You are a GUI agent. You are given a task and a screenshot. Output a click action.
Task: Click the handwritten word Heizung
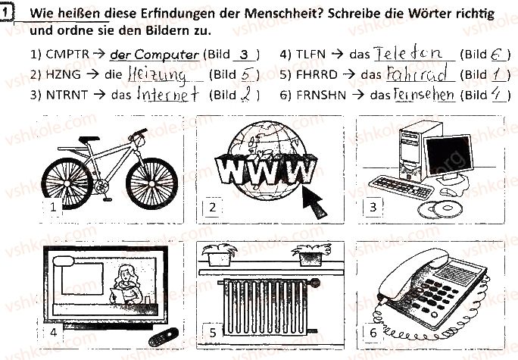point(157,75)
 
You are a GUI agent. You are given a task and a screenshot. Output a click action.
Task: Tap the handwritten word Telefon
point(408,53)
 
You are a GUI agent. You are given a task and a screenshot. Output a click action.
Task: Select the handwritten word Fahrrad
point(417,73)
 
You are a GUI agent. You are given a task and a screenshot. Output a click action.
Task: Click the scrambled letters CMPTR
point(67,54)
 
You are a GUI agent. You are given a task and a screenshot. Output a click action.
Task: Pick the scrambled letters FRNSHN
point(321,95)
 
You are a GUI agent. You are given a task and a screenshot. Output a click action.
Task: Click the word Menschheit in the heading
point(281,13)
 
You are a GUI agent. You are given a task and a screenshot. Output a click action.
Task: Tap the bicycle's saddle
point(89,139)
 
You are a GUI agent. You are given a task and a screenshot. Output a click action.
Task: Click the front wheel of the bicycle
point(151,183)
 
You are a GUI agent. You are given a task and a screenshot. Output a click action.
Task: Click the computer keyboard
point(401,187)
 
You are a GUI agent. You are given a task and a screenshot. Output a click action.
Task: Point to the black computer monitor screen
point(449,155)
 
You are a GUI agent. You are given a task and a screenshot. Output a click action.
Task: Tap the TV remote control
point(163,337)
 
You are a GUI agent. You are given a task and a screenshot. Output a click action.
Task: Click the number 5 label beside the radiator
point(212,332)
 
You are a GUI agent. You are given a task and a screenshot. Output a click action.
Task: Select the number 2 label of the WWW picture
point(212,208)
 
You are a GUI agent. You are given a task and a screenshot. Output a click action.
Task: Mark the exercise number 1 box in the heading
point(5,13)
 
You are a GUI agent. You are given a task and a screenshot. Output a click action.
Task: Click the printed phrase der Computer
point(154,55)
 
